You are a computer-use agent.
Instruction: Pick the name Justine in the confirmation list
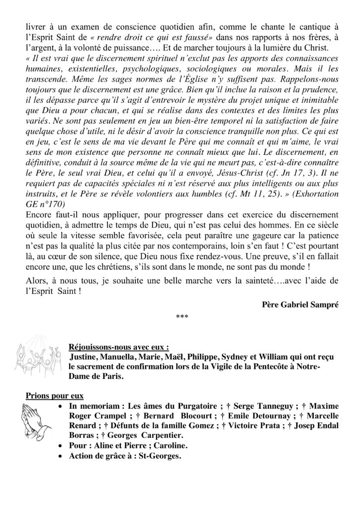(x=85, y=357)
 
